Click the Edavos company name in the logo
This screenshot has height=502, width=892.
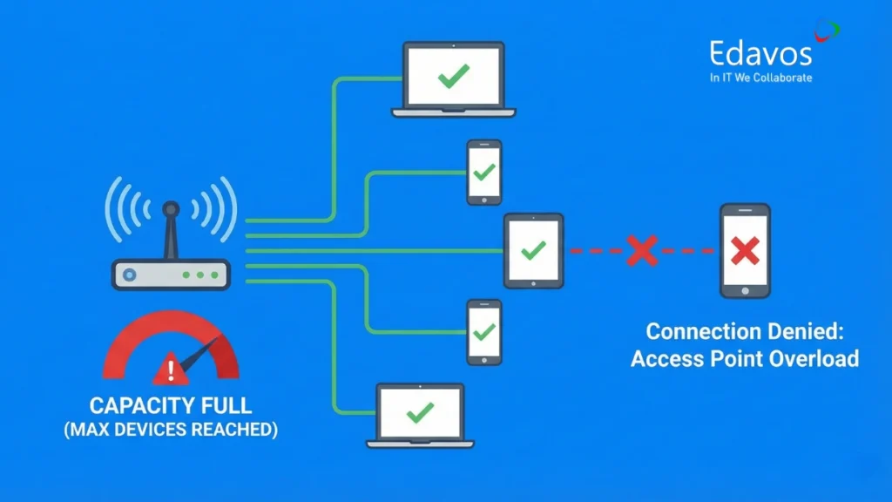760,53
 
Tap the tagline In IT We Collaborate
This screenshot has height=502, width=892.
760,78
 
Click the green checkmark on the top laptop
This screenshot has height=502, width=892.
453,78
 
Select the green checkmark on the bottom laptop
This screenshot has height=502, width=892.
420,411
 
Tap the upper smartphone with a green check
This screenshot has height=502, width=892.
483,172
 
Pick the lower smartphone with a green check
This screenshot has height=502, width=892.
483,332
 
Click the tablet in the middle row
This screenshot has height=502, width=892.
533,251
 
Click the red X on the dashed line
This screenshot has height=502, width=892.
642,251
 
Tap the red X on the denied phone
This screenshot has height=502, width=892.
745,251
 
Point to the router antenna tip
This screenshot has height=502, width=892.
171,210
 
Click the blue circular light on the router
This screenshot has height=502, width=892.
130,275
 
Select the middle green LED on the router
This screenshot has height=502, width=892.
201,275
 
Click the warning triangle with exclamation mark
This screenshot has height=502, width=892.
171,370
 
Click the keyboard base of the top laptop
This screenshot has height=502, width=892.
453,112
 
